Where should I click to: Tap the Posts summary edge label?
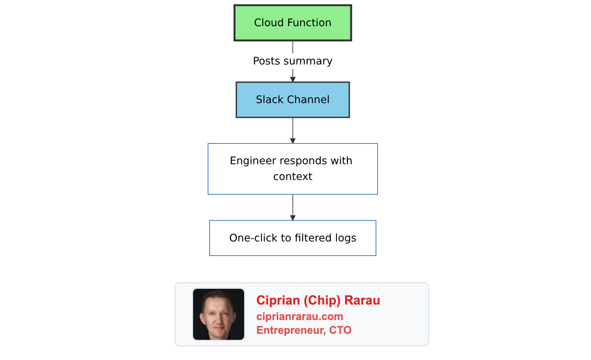[x=292, y=61]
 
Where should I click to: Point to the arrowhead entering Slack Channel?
[x=292, y=79]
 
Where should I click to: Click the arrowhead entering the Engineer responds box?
[x=292, y=141]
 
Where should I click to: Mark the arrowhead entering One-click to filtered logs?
[x=292, y=218]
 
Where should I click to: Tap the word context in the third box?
[x=292, y=177]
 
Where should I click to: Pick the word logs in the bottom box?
[x=346, y=238]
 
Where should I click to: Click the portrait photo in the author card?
[x=219, y=314]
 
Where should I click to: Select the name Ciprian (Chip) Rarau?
[x=318, y=300]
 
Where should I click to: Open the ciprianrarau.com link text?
[x=300, y=316]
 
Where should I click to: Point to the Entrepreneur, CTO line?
[x=304, y=330]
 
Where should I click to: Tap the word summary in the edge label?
[x=308, y=61]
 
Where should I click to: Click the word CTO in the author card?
[x=340, y=330]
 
